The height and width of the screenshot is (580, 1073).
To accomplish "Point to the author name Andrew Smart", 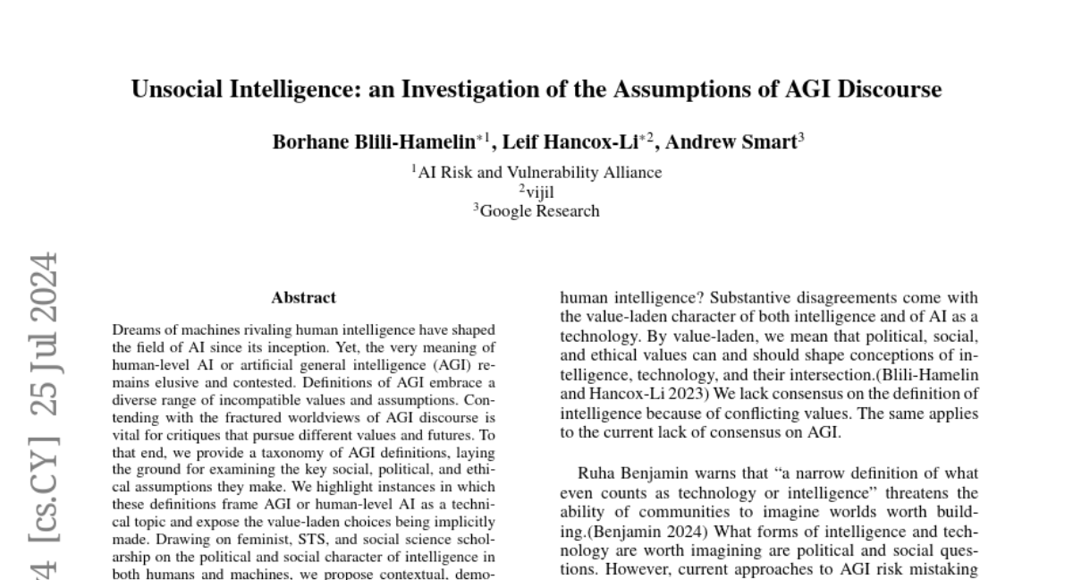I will pyautogui.click(x=732, y=141).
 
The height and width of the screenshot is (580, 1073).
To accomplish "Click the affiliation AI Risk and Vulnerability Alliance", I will pyautogui.click(x=536, y=173).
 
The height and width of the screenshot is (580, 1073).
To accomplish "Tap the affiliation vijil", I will pyautogui.click(x=539, y=192).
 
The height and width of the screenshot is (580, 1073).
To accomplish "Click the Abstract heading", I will pyautogui.click(x=304, y=298).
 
